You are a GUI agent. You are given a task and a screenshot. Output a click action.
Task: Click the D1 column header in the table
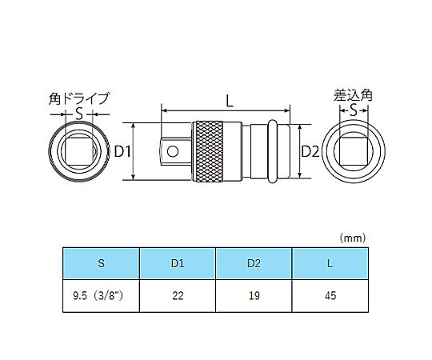click(x=178, y=263)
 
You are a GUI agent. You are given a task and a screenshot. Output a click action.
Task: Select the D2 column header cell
click(x=254, y=263)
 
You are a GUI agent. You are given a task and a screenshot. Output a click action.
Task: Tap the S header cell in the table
click(x=101, y=263)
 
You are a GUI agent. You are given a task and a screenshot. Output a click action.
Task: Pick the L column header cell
click(x=330, y=263)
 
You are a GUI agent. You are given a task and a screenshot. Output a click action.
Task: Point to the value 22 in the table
click(x=178, y=295)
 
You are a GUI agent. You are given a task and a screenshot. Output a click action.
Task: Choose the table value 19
click(x=254, y=295)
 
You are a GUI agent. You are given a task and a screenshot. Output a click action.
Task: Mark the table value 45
click(x=330, y=295)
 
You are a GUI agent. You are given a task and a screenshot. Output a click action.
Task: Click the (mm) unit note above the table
click(x=353, y=238)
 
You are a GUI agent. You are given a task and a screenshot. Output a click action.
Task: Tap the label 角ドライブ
click(x=79, y=98)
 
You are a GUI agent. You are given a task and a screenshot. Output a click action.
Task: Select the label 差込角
click(x=353, y=95)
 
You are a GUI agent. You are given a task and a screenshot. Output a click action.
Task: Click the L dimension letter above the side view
click(x=230, y=101)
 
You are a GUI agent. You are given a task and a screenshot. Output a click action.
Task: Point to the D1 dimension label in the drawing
click(x=122, y=151)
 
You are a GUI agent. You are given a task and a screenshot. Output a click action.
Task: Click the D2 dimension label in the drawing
click(x=310, y=151)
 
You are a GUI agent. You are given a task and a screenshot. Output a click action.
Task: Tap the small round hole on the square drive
click(x=173, y=151)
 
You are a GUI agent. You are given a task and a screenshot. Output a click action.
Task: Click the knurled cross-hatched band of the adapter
click(x=209, y=151)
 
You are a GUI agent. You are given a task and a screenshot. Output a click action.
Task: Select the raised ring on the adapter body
click(x=272, y=151)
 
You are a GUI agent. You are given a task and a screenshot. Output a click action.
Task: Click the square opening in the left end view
click(x=78, y=151)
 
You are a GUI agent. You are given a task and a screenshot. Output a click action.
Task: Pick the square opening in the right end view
click(x=354, y=151)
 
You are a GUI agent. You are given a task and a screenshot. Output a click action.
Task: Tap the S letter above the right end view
click(x=354, y=110)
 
